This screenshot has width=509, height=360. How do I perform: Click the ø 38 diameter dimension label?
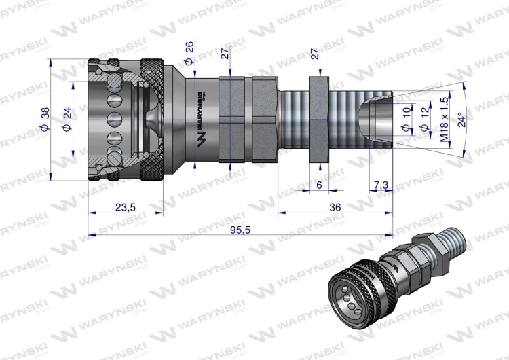pos(45,120)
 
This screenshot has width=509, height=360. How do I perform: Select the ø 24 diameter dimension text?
pos(67,120)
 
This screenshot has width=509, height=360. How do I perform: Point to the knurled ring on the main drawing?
pos(151,120)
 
